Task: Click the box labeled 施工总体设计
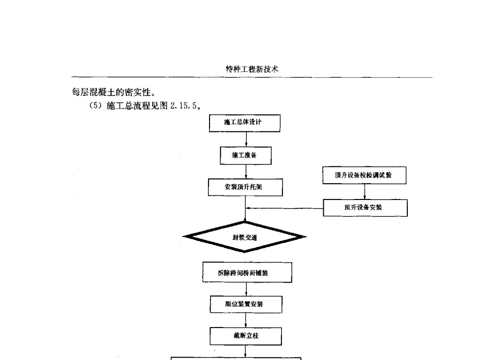(x=245, y=123)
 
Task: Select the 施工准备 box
(x=245, y=156)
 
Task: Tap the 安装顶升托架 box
(x=245, y=187)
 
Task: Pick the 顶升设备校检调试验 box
(x=364, y=175)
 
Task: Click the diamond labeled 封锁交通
(x=245, y=237)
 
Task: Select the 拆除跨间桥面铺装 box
(x=247, y=272)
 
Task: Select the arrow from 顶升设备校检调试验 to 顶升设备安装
(x=365, y=192)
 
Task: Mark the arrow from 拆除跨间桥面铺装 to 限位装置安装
(x=246, y=289)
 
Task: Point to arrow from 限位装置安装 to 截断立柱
(x=246, y=321)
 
